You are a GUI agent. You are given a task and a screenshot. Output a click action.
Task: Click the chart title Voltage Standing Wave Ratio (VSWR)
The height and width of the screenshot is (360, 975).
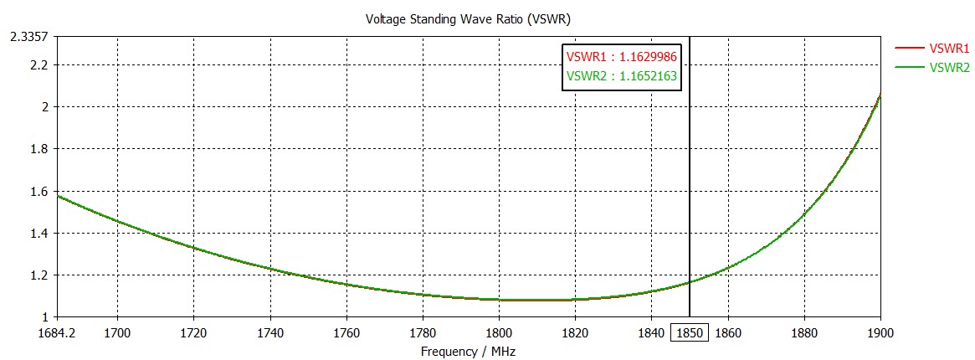[x=469, y=18]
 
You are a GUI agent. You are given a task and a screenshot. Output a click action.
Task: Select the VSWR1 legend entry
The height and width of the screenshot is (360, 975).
[x=949, y=48]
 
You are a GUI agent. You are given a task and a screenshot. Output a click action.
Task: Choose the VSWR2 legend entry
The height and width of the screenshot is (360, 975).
[x=949, y=67]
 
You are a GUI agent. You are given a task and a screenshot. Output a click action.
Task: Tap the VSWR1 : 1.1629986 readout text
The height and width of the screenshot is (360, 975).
[x=621, y=57]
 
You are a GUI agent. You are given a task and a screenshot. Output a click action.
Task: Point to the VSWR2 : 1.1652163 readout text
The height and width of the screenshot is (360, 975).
[x=621, y=76]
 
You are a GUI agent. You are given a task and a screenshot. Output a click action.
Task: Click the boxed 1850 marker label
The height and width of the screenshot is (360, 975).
[x=690, y=332]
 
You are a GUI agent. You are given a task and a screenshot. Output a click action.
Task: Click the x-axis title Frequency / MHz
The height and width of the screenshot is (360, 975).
[x=469, y=352]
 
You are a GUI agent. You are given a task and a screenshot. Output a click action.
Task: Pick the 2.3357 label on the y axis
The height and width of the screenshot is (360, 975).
[x=28, y=37]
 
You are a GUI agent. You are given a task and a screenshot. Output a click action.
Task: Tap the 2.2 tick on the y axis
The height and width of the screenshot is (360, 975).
[x=38, y=64]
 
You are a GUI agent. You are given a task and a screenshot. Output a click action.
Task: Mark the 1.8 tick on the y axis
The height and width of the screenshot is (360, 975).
[x=38, y=149]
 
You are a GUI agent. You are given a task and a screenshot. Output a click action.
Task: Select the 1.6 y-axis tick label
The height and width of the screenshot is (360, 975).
[x=38, y=191]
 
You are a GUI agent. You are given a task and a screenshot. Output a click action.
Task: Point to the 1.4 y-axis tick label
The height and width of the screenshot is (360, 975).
[x=38, y=233]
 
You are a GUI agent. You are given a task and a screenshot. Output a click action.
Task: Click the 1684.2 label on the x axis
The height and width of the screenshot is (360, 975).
[x=56, y=332]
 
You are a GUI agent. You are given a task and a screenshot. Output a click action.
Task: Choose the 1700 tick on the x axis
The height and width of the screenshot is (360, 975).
[x=117, y=332]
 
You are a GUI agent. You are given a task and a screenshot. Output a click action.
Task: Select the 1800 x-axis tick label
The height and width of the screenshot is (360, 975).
[x=499, y=332]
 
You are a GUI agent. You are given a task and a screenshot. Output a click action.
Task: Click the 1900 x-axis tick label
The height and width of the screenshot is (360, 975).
[x=880, y=332]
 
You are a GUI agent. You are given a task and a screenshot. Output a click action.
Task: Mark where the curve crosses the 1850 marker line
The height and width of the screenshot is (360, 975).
[x=690, y=282]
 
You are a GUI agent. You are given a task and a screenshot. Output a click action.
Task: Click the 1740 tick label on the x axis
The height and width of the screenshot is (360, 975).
[x=269, y=332]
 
